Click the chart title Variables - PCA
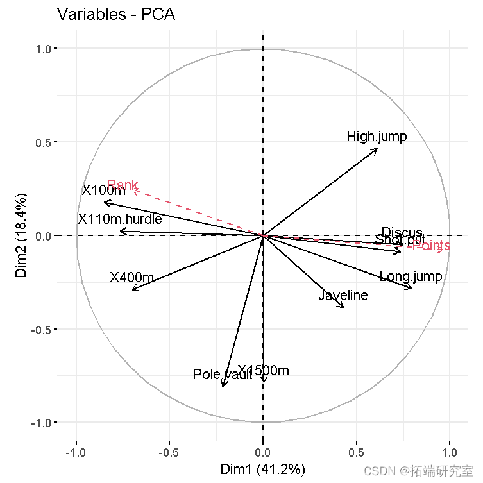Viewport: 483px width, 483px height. point(115,14)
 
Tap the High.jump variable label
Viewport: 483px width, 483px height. point(377,137)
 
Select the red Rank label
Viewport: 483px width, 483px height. point(123,185)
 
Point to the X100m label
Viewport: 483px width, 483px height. point(104,191)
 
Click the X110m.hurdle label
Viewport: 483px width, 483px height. point(120,219)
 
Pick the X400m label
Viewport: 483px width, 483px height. point(131,278)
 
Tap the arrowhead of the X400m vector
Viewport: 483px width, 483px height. point(132,290)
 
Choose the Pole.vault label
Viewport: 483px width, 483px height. point(222,375)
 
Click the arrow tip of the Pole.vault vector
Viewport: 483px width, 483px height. point(223,386)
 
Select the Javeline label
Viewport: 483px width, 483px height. point(343,296)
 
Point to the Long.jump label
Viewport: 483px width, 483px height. point(411,277)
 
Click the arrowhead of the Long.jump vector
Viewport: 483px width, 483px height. point(412,289)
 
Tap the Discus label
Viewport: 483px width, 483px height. point(403,232)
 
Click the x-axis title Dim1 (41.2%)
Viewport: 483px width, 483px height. point(263,469)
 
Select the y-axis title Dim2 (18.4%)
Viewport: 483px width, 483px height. point(21,235)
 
